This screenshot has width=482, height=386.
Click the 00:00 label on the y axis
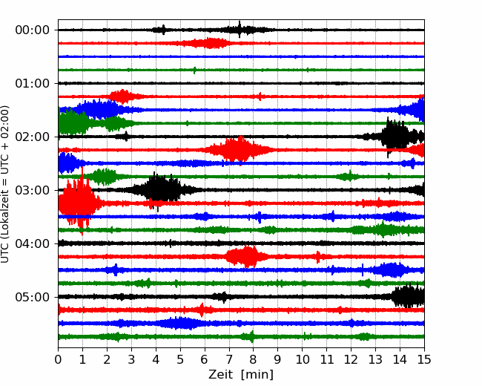pyautogui.click(x=33, y=30)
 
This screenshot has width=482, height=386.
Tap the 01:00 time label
pyautogui.click(x=33, y=83)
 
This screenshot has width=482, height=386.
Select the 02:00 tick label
pyautogui.click(x=33, y=137)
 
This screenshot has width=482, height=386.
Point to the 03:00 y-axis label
pyautogui.click(x=33, y=190)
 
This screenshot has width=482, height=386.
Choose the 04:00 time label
pyautogui.click(x=33, y=243)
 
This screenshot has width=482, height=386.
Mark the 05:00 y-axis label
pyautogui.click(x=33, y=297)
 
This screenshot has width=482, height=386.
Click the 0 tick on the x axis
pyautogui.click(x=58, y=359)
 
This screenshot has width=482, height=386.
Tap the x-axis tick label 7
pyautogui.click(x=229, y=359)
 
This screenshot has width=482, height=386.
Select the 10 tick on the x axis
pyautogui.click(x=303, y=359)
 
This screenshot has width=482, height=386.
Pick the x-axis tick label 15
pyautogui.click(x=424, y=359)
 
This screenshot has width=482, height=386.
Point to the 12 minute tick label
pyautogui.click(x=351, y=359)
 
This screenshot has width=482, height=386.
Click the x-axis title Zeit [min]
pyautogui.click(x=241, y=375)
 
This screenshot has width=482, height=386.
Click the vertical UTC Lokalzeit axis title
pyautogui.click(x=5, y=184)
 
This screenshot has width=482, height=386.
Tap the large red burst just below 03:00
pyautogui.click(x=79, y=202)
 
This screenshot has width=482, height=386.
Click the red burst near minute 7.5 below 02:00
pyautogui.click(x=238, y=150)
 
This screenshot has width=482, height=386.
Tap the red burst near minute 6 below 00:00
pyautogui.click(x=209, y=43)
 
